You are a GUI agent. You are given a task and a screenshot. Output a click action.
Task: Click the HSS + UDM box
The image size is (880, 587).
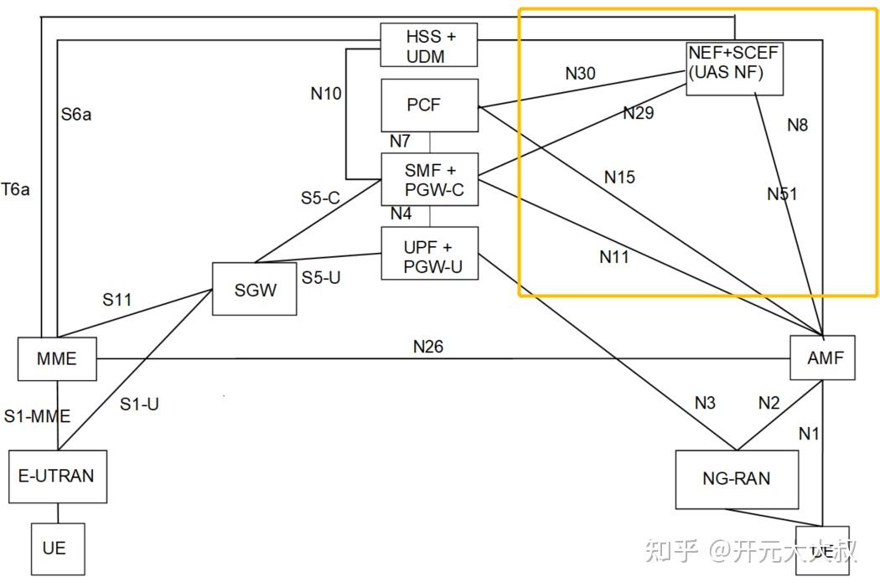tap(429, 45)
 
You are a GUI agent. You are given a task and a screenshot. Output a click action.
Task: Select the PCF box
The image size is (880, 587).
tap(429, 106)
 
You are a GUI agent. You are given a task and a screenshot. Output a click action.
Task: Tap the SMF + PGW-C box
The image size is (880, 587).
tap(429, 179)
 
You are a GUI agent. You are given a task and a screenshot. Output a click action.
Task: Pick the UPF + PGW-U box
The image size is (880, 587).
tap(429, 253)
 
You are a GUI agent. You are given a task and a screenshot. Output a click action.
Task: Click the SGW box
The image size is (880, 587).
tap(254, 289)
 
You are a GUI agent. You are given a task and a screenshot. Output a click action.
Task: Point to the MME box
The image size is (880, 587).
tap(56, 358)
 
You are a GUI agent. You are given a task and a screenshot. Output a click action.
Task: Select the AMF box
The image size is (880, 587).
tap(823, 358)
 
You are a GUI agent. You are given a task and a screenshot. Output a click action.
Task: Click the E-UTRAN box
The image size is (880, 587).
tap(57, 476)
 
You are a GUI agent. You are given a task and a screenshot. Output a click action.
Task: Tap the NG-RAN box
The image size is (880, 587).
tap(735, 478)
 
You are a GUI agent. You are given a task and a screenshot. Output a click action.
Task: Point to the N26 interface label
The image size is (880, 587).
tap(427, 346)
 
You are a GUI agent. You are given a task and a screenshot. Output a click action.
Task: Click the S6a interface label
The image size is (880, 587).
tap(75, 115)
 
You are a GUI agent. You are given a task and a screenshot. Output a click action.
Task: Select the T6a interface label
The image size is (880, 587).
tap(15, 190)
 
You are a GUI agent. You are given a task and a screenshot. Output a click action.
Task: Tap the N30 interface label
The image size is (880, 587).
tap(580, 74)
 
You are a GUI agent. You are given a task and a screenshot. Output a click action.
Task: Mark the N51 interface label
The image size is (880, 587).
tap(781, 194)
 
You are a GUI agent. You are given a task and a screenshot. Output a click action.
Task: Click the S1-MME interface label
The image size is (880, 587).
tap(37, 415)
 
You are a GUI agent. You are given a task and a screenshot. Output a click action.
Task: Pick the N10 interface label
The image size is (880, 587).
tap(326, 94)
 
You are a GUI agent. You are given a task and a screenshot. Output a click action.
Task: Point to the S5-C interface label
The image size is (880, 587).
tap(320, 198)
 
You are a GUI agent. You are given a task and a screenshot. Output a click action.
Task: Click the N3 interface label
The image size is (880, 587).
tap(705, 403)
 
